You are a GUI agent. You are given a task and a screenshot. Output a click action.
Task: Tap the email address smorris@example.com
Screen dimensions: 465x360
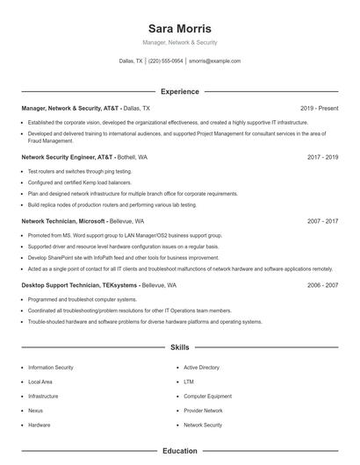[214, 61]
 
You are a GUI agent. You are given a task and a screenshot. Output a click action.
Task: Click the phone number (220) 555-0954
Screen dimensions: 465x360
[165, 61]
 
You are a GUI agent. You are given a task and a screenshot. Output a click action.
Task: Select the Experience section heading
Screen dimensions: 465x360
[179, 91]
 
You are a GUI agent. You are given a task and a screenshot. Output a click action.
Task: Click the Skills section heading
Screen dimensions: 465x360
[179, 347]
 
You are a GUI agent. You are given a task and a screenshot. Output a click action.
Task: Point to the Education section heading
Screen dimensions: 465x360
[179, 451]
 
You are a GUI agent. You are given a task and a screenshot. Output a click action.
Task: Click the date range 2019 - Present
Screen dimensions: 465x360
[319, 108]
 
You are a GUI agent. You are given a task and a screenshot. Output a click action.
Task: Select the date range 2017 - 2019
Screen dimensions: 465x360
[322, 157]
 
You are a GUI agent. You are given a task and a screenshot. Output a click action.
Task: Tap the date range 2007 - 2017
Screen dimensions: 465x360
[322, 221]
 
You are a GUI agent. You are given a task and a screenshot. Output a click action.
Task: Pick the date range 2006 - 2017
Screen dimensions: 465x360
[322, 285]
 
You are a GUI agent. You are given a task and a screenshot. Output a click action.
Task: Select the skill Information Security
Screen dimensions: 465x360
[51, 368]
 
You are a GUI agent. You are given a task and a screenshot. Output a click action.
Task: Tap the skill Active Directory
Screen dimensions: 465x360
[201, 368]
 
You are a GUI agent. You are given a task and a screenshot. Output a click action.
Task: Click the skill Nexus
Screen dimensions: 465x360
[35, 410]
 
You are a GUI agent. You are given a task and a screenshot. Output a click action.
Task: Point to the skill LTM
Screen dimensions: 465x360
[188, 382]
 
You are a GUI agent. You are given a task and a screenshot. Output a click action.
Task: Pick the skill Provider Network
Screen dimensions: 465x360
[203, 410]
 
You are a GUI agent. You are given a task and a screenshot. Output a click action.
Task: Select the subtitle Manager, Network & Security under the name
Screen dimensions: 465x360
[179, 43]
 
